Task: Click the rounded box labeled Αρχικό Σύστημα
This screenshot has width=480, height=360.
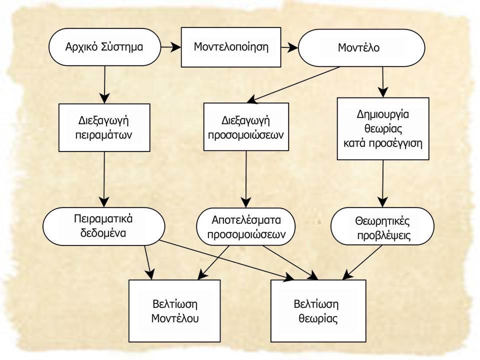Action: (x=104, y=47)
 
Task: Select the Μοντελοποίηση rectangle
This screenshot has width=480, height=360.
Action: (x=231, y=47)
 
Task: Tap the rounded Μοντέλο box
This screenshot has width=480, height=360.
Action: (x=361, y=48)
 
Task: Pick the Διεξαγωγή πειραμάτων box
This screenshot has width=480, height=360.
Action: (x=104, y=127)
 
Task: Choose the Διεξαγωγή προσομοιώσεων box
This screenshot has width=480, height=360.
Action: (x=246, y=126)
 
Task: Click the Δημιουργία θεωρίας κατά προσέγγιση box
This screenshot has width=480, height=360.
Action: (x=383, y=128)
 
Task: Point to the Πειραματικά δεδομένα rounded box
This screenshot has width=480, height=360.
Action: (x=104, y=226)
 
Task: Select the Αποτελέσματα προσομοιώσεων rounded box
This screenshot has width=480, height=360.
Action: (x=246, y=227)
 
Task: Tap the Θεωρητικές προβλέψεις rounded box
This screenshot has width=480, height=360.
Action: (x=382, y=226)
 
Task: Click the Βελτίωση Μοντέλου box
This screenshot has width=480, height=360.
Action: (x=174, y=310)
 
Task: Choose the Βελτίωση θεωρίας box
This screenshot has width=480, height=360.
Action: (x=318, y=310)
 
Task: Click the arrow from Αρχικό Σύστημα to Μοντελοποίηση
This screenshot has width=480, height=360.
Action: (x=171, y=47)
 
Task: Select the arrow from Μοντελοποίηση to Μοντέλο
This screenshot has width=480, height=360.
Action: (x=289, y=47)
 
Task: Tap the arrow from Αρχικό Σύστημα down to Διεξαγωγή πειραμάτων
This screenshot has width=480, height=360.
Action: (x=104, y=85)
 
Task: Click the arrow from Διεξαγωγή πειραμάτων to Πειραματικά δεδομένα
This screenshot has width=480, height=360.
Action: (x=104, y=179)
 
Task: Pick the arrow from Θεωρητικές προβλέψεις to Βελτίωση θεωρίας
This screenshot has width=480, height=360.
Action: (x=362, y=262)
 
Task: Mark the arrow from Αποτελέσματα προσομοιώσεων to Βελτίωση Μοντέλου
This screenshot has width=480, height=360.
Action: (x=213, y=262)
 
